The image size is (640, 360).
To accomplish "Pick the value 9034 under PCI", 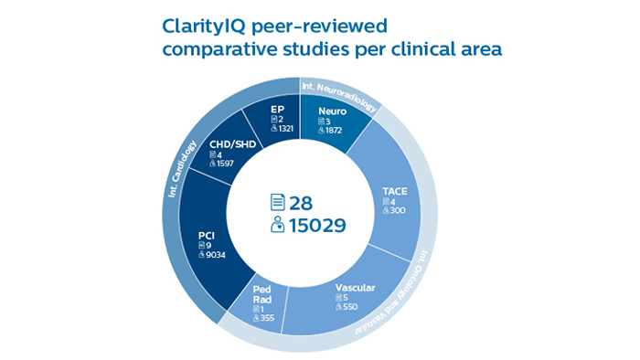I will tap(214, 255).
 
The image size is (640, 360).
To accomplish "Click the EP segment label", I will tap(279, 109).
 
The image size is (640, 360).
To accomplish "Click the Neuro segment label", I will tap(331, 110).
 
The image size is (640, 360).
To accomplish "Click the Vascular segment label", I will tap(357, 288).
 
